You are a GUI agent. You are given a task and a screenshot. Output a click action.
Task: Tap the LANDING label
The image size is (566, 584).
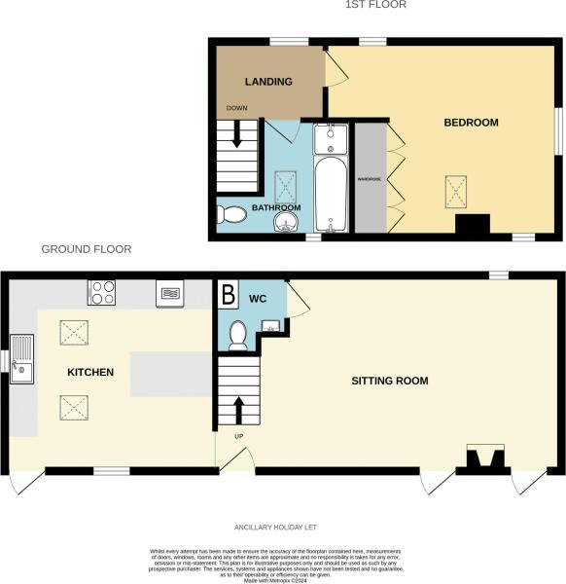pyautogui.click(x=268, y=82)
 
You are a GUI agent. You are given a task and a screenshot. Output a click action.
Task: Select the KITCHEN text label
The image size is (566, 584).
pyautogui.click(x=90, y=373)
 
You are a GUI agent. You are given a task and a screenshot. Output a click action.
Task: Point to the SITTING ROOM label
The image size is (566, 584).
pyautogui.click(x=389, y=381)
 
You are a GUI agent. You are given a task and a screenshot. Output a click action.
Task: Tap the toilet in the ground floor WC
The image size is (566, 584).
pyautogui.click(x=236, y=336)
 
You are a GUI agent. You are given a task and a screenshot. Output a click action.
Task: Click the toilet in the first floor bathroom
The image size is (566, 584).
pyautogui.click(x=230, y=214)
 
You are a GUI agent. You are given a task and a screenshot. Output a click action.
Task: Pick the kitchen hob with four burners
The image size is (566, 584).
pyautogui.click(x=102, y=291)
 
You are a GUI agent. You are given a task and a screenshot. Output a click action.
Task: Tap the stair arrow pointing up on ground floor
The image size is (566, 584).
pyautogui.click(x=236, y=410)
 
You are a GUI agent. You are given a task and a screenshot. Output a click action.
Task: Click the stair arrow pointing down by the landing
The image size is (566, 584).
pyautogui.click(x=236, y=139)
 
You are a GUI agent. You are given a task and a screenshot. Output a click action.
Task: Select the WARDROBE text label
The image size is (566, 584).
pyautogui.click(x=369, y=179)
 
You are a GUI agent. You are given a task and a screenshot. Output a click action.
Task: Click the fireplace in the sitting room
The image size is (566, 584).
pyautogui.click(x=485, y=458)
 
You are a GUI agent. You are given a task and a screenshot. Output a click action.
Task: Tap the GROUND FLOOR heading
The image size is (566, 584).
pyautogui.click(x=86, y=250)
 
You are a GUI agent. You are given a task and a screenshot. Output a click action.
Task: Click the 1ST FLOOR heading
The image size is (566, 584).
pyautogui.click(x=375, y=5)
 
